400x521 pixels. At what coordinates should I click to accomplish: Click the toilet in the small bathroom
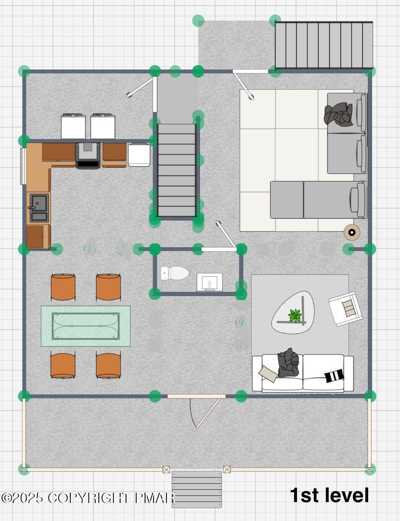pyautogui.click(x=175, y=273)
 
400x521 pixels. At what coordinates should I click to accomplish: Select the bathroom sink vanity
pyautogui.click(x=209, y=282)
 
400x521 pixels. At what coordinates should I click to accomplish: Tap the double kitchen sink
pyautogui.click(x=39, y=208)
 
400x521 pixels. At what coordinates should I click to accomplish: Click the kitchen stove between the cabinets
pyautogui.click(x=88, y=155)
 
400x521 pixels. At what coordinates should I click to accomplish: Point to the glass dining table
pyautogui.click(x=85, y=326)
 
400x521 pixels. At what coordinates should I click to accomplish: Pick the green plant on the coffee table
pyautogui.click(x=295, y=315)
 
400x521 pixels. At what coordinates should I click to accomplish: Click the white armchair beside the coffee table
pyautogui.click(x=344, y=308)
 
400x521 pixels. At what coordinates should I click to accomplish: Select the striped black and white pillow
pyautogui.click(x=334, y=376)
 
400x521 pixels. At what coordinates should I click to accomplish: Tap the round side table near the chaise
pyautogui.click(x=352, y=233)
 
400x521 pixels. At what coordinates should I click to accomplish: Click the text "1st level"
pyautogui.click(x=329, y=495)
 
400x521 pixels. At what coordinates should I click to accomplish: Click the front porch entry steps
pyautogui.click(x=197, y=489)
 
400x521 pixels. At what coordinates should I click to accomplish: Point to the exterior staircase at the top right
pyautogui.click(x=324, y=45)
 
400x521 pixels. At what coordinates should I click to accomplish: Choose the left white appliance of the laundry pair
pyautogui.click(x=73, y=126)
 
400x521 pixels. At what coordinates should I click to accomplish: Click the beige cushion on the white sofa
pyautogui.click(x=269, y=373)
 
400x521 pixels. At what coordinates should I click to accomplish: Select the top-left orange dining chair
pyautogui.click(x=63, y=287)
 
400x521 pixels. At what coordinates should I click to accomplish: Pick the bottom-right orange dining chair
pyautogui.click(x=108, y=365)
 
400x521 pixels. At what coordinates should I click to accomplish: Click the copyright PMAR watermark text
pyautogui.click(x=88, y=498)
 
